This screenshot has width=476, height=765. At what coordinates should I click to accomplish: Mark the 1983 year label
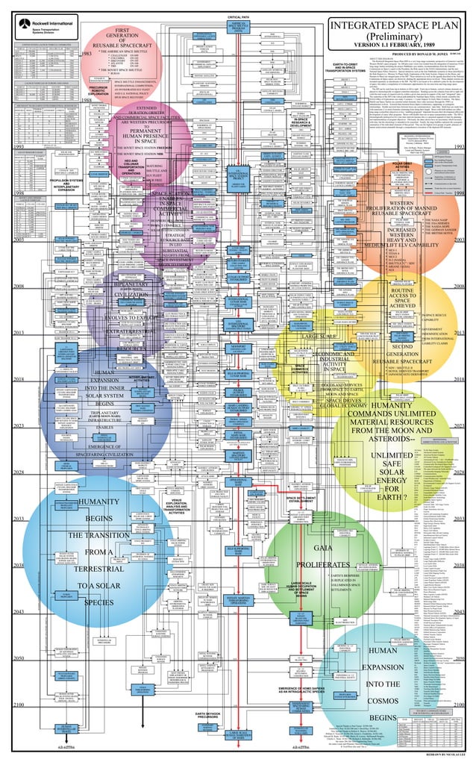[x=87, y=54]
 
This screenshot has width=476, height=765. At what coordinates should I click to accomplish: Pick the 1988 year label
[x=87, y=99]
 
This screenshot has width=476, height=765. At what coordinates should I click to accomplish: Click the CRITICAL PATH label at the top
[x=239, y=16]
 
